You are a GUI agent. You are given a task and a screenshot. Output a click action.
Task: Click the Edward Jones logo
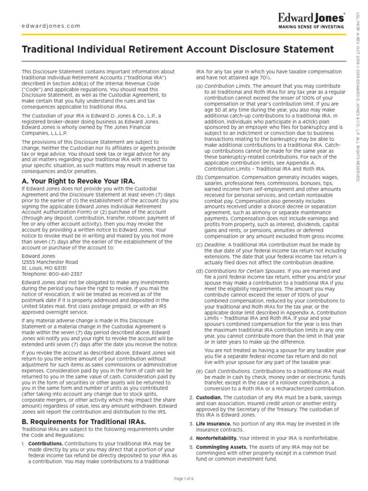point(311,18)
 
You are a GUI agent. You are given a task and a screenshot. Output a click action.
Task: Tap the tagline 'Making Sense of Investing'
point(311,27)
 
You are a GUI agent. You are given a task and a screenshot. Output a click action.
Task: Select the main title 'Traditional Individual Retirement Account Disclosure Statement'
point(178,50)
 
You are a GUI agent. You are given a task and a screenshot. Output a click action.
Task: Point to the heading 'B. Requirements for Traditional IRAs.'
point(84,421)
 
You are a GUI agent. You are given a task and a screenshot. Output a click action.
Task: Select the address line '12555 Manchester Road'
point(50,262)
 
